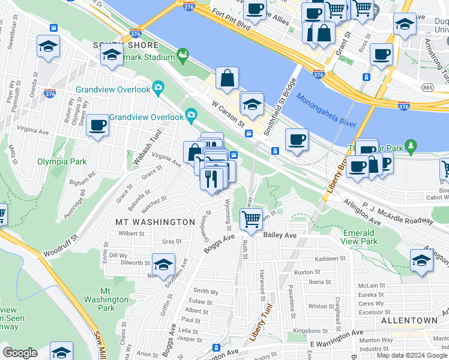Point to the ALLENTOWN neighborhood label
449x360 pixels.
(x=409, y=321)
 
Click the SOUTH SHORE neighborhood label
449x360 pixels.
(x=125, y=45)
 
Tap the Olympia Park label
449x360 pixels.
(x=62, y=161)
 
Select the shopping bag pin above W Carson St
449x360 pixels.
(x=228, y=78)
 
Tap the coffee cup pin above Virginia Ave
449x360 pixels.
(x=97, y=125)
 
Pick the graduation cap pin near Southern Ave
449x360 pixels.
(x=163, y=264)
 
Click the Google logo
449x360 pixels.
(x=20, y=353)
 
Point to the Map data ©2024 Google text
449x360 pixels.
(x=411, y=355)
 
